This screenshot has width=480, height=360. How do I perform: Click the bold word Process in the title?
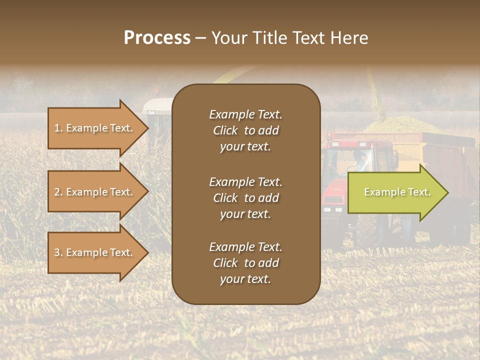(x=157, y=38)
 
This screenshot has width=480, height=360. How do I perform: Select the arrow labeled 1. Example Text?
(x=95, y=128)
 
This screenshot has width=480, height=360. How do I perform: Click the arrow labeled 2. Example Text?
(x=95, y=192)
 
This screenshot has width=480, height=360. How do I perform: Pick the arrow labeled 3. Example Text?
(x=95, y=252)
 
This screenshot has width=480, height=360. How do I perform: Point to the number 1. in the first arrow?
(x=58, y=128)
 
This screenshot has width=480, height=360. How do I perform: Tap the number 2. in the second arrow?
(x=58, y=192)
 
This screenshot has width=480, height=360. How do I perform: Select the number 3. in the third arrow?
(x=58, y=252)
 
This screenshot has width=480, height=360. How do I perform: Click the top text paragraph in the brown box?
(x=245, y=130)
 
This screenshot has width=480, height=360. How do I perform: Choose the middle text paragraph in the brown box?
(x=245, y=197)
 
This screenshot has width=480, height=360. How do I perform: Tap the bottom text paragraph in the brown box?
(x=245, y=263)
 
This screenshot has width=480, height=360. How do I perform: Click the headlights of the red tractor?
(x=333, y=209)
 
